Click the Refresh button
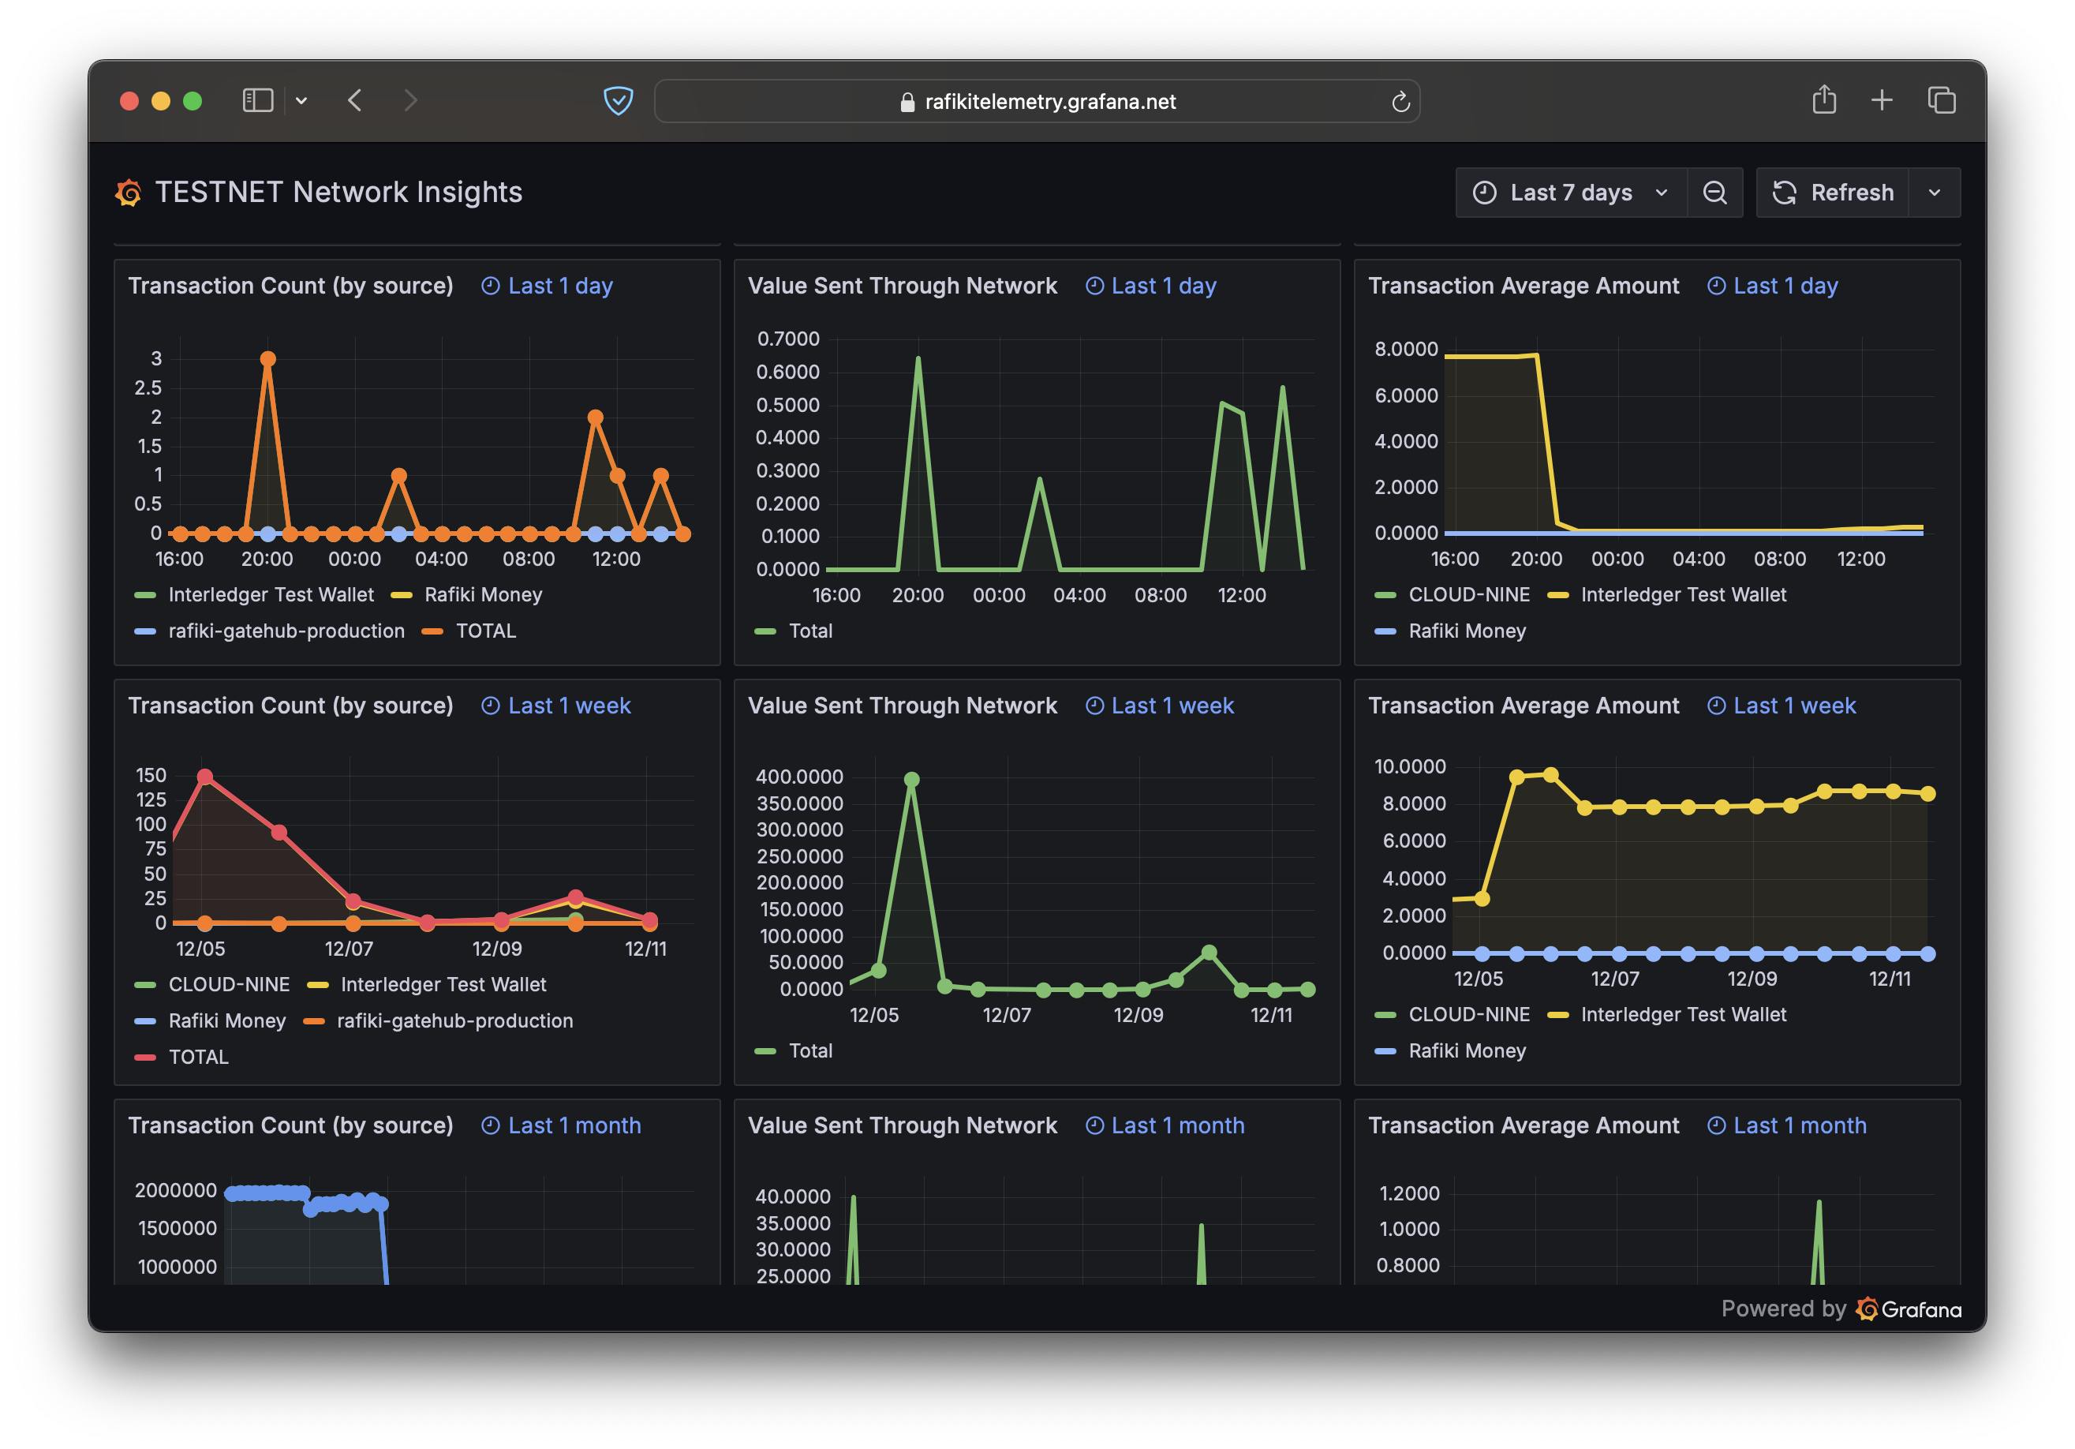1833,193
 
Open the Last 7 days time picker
1570,193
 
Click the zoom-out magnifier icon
1714,193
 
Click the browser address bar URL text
1049,101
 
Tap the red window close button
129,100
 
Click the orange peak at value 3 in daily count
267,359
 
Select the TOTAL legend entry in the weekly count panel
198,1057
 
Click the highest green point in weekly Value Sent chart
911,779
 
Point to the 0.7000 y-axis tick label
788,339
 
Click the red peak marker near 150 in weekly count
205,777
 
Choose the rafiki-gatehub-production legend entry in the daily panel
286,631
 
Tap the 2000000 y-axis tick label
175,1190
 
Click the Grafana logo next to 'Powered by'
1908,1309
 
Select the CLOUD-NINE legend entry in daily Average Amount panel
1468,595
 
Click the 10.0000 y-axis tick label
1409,766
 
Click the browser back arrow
355,100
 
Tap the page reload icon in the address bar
1400,102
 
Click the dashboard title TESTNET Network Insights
338,193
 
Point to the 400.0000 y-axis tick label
799,777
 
